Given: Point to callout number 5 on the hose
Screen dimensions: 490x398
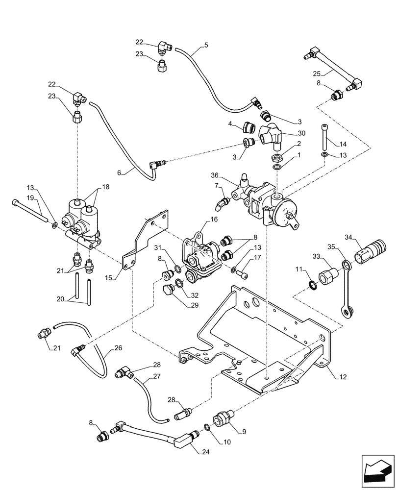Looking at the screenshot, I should (206, 45).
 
